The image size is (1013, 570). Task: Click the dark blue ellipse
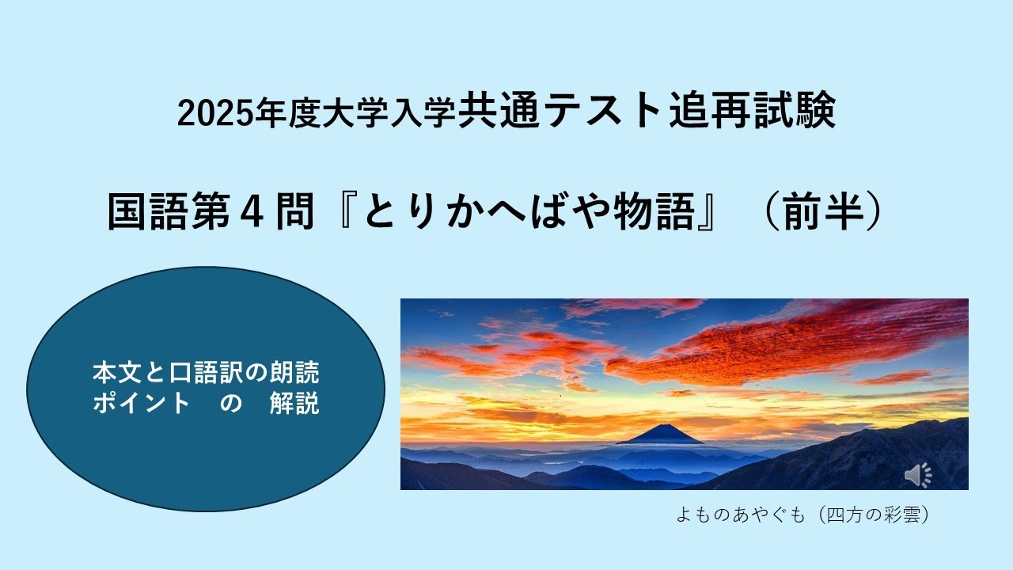pos(206,443)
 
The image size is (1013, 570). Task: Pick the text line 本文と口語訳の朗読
pos(206,371)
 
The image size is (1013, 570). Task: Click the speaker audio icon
pos(918,475)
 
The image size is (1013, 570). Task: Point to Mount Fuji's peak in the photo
pos(658,427)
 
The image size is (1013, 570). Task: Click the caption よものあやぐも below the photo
pos(739,515)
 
